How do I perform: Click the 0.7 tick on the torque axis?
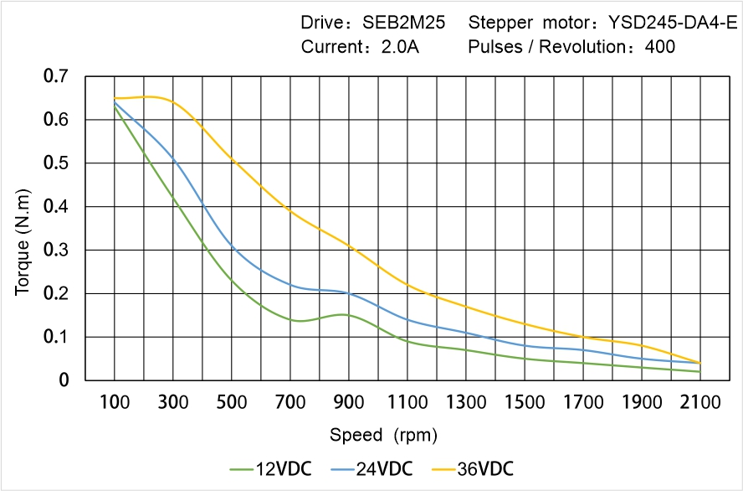coord(56,77)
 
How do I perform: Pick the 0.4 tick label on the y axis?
coord(56,207)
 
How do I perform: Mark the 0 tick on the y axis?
coord(64,380)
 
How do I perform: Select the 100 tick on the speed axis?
coord(115,402)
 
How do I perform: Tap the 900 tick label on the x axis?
coord(348,402)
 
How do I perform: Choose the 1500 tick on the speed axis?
coord(525,402)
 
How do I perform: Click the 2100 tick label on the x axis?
coord(700,402)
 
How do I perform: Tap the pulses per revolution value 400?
coord(660,47)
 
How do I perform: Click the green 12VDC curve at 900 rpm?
coord(348,315)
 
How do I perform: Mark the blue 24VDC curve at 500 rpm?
coord(232,245)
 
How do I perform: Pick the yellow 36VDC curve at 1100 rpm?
coord(407,285)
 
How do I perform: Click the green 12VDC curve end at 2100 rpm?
coord(699,371)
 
